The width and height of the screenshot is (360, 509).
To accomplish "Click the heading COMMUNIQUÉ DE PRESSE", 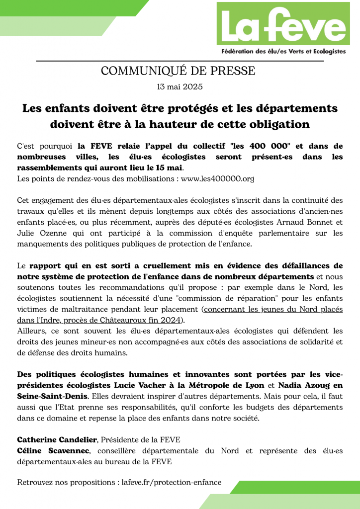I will coord(178,71).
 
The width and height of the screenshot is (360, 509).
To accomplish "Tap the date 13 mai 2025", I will coord(180,87).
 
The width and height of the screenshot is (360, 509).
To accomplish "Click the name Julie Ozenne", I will coord(40,233).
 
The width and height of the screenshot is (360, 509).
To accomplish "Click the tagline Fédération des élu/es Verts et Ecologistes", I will coord(283,52).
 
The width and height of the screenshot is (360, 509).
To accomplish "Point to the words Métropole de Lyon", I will coord(235,385).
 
